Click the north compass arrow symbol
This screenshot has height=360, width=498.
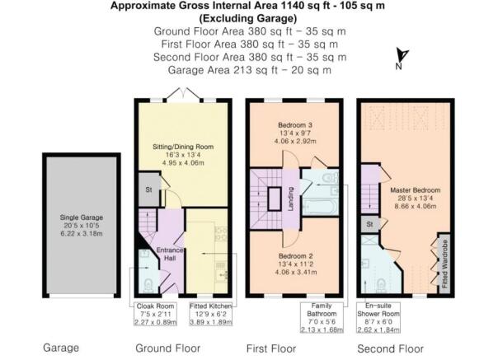tap(400, 57)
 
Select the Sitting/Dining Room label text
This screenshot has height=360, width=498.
tap(184, 153)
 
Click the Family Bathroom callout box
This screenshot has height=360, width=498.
tap(322, 316)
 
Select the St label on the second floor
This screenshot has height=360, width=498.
tap(370, 224)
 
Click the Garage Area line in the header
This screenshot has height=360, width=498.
tap(250, 69)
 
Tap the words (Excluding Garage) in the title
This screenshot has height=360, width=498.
tap(250, 17)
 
